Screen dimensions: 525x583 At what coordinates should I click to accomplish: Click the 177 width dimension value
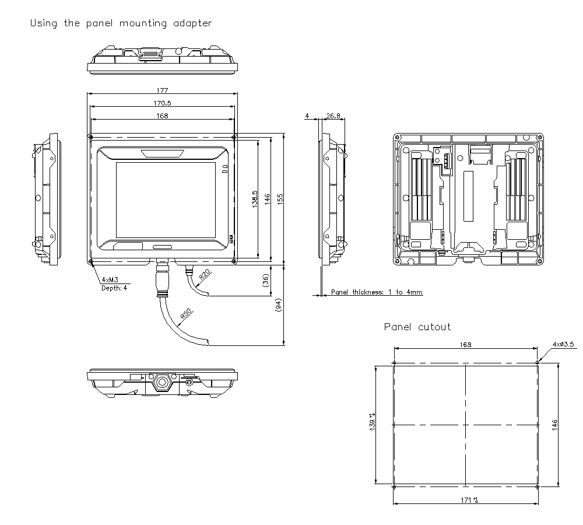[x=162, y=90]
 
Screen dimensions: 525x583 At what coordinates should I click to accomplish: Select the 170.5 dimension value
[x=162, y=103]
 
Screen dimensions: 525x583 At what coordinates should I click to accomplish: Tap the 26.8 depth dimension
[x=333, y=116]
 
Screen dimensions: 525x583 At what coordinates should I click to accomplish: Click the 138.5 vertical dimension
[x=255, y=198]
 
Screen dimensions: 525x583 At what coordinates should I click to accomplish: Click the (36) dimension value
[x=266, y=281]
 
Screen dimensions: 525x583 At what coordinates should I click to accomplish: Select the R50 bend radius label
[x=186, y=314]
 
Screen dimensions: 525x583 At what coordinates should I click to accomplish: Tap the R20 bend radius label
[x=205, y=275]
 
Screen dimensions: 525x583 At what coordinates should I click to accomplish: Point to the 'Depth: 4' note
[x=114, y=288]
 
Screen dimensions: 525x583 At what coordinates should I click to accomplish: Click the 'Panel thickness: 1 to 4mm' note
[x=377, y=292]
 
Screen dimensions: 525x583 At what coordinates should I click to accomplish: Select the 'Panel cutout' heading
[x=417, y=327]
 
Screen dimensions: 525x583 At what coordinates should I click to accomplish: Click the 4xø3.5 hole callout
[x=563, y=344]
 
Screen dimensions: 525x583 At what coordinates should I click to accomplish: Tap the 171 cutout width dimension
[x=466, y=500]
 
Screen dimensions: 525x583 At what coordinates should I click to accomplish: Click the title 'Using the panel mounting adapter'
[x=121, y=23]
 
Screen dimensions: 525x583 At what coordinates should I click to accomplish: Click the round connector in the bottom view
[x=161, y=383]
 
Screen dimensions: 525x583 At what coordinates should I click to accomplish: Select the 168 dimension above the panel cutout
[x=465, y=345]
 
